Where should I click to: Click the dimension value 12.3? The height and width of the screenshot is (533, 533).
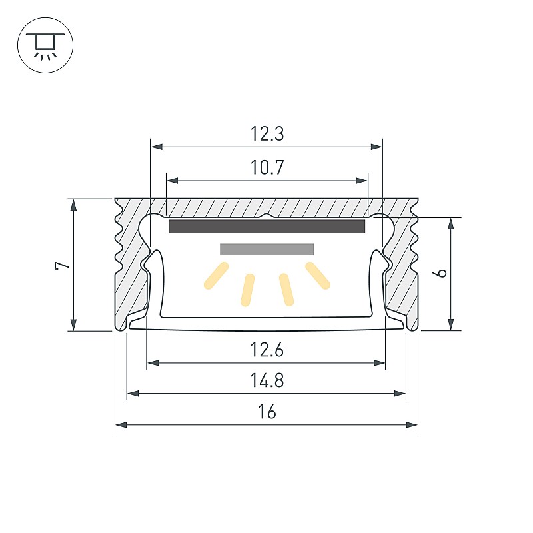point(267,134)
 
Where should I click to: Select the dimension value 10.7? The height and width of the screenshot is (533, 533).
point(267,167)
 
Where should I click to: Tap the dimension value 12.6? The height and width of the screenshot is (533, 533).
point(267,350)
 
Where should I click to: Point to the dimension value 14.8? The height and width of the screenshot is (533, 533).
point(267,380)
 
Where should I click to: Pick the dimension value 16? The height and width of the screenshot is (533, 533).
point(267,412)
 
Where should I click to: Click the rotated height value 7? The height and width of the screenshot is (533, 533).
point(62,265)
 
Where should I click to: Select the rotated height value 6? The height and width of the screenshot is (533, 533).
point(441,272)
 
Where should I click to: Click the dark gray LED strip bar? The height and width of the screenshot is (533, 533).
point(267,226)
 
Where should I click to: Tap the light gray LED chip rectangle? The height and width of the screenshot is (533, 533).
point(267,249)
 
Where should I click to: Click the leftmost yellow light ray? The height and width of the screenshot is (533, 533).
point(216,276)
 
